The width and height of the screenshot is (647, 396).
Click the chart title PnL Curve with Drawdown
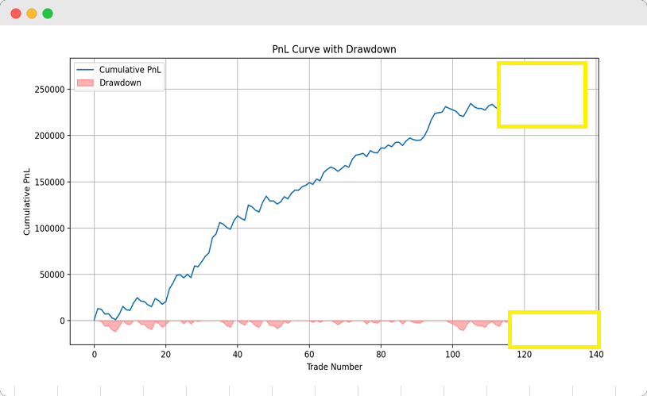334,49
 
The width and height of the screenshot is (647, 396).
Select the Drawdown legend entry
120,83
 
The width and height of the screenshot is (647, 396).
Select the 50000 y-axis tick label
52,275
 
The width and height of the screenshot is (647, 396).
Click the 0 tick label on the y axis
62,321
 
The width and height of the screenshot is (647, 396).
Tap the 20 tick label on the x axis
166,354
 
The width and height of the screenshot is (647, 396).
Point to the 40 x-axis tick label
238,354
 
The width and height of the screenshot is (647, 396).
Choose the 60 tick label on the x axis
309,354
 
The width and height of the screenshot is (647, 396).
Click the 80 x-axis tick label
381,354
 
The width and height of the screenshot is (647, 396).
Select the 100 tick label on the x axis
452,354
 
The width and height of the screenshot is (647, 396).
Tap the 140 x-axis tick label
595,354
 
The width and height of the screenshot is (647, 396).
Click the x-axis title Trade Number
334,367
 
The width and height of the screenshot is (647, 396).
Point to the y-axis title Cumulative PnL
28,202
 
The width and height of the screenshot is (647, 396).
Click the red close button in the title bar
16,13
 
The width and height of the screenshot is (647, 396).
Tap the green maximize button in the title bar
48,13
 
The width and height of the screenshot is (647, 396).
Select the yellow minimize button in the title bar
32,13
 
